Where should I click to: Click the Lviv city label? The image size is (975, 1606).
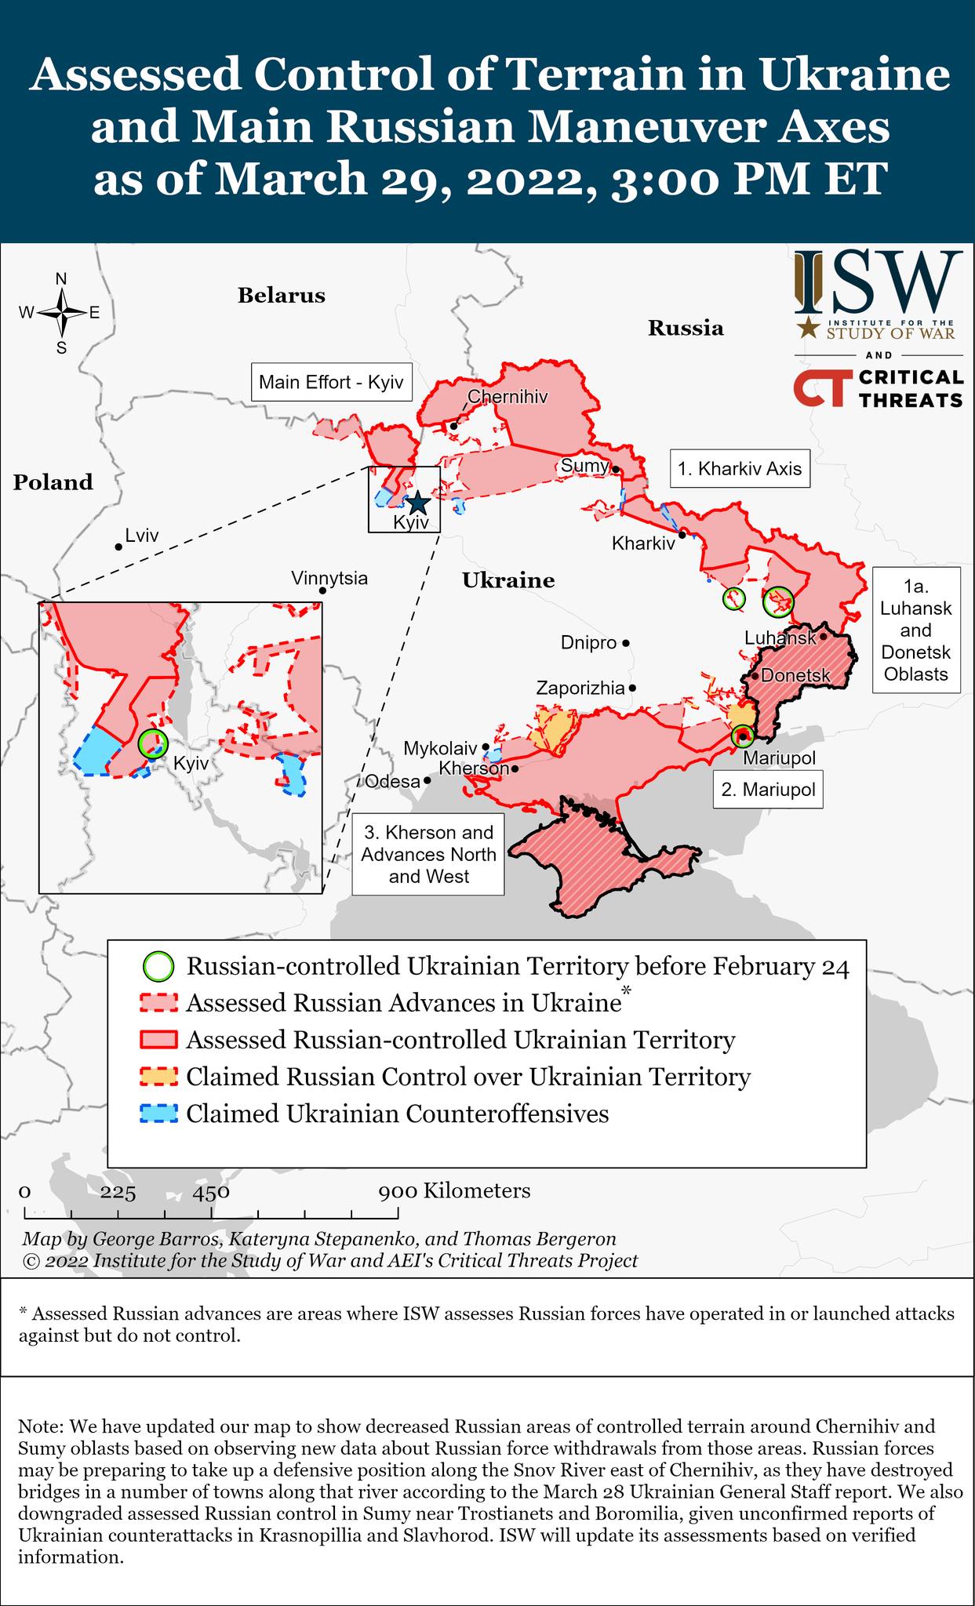tap(142, 536)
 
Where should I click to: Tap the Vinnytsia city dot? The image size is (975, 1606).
tap(322, 590)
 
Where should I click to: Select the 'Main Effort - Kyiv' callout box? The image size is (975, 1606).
tap(331, 383)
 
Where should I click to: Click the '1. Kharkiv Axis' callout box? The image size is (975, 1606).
tap(740, 469)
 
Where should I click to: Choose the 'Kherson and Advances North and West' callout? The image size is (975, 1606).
tap(427, 855)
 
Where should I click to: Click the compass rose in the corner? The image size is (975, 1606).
tap(61, 313)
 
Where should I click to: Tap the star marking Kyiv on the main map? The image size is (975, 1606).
tap(417, 502)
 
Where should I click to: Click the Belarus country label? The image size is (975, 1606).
tap(281, 296)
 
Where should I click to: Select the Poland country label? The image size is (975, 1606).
tap(53, 482)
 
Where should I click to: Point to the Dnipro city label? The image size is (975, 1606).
tap(588, 643)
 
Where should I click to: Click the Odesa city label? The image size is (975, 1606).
tap(392, 782)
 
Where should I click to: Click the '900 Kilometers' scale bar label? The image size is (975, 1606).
tap(454, 1191)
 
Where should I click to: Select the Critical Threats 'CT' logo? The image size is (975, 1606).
tap(820, 388)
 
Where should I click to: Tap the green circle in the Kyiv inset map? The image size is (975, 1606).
tap(152, 743)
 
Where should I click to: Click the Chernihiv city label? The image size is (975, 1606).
tap(507, 397)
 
